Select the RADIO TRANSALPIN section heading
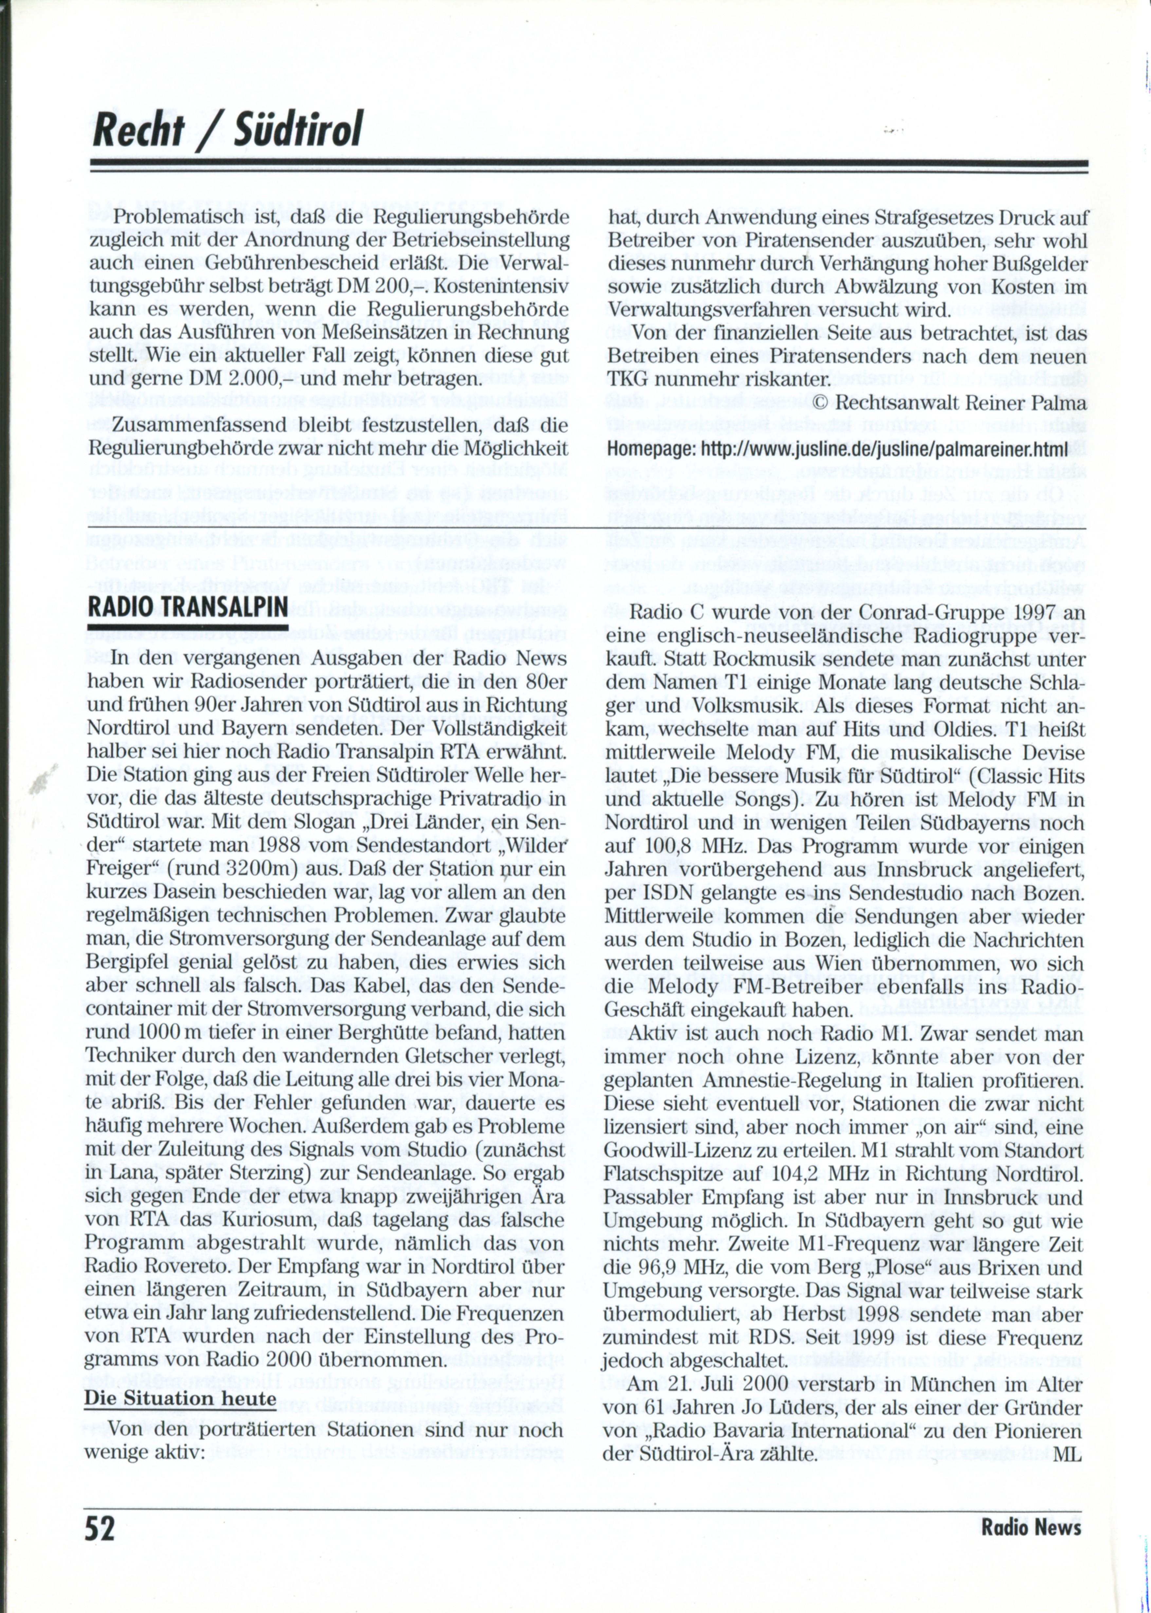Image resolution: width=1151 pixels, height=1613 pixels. tap(187, 607)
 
